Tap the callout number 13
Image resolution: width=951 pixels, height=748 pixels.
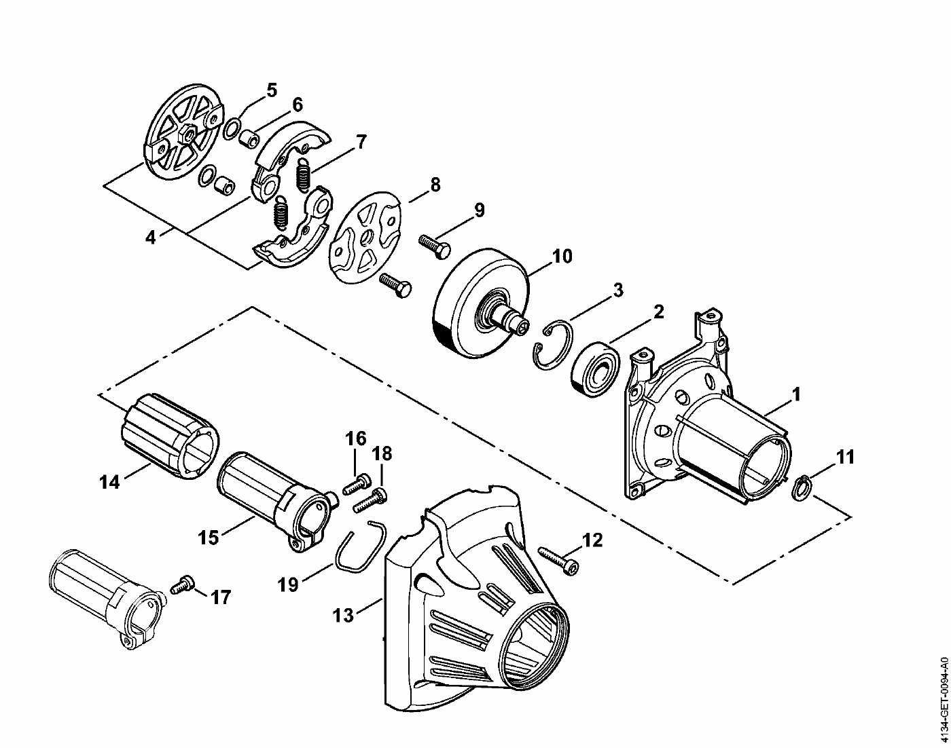coord(343,616)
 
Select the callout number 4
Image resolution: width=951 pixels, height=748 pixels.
coord(151,238)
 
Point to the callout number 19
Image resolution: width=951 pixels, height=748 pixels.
coord(288,585)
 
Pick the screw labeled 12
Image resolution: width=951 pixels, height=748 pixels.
coord(558,561)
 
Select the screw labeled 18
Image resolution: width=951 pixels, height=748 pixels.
coord(370,499)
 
